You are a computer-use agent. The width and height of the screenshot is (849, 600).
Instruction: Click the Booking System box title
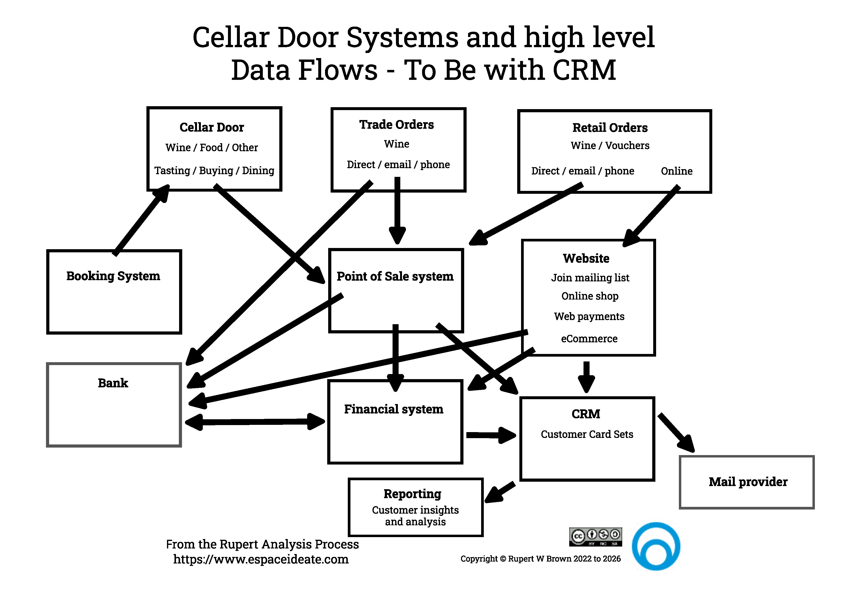point(113,276)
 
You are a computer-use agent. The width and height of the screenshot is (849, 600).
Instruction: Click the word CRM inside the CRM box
point(586,414)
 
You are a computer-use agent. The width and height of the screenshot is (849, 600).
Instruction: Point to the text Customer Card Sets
point(587,434)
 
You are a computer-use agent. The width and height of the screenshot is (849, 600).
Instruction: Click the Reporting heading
point(412,494)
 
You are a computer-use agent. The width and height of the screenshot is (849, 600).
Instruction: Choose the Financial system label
point(394,409)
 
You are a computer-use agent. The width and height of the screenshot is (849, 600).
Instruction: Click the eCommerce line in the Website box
point(589,339)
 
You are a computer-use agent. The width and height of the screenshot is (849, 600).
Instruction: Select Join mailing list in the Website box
point(590,278)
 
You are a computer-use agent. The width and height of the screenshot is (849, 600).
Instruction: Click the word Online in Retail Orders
point(676,171)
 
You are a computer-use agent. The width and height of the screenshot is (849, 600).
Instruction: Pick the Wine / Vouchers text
point(610,146)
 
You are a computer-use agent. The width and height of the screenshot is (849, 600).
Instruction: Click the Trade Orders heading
point(396,125)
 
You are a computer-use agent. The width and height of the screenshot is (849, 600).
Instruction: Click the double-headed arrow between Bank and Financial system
point(255,422)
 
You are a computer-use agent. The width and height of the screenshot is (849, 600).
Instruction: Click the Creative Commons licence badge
point(595,537)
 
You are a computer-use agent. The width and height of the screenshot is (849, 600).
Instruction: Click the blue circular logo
point(656,546)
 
